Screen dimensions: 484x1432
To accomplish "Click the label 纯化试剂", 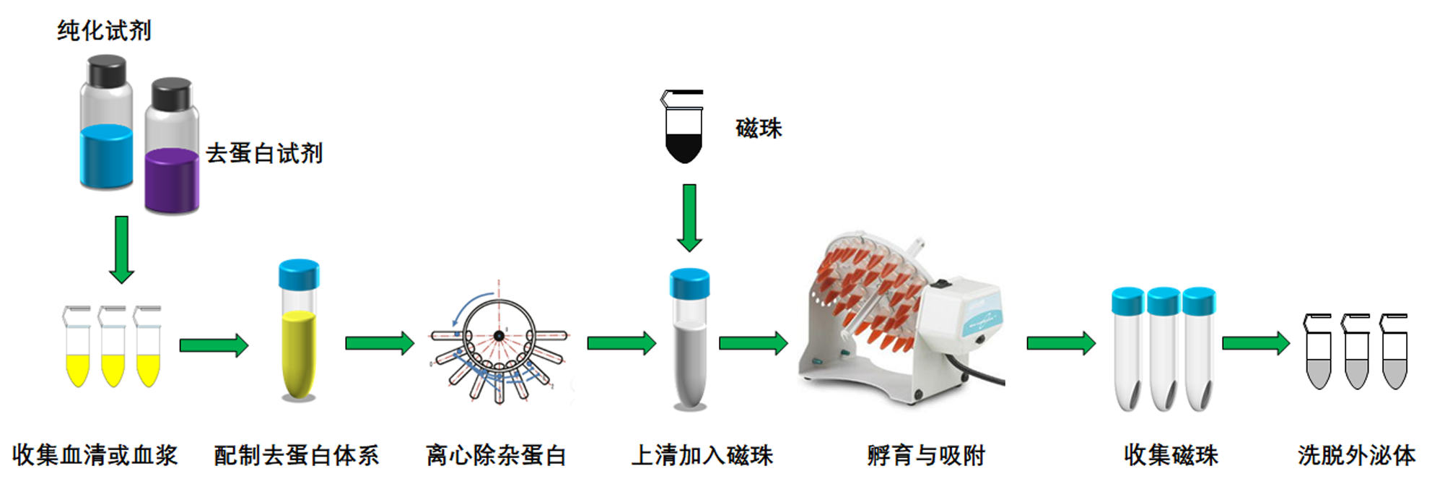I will pyautogui.click(x=104, y=30).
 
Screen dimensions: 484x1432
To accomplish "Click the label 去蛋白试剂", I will pyautogui.click(x=263, y=153).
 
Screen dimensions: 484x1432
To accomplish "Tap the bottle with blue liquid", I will pyautogui.click(x=106, y=126).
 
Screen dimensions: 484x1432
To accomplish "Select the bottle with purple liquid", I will pyautogui.click(x=172, y=152).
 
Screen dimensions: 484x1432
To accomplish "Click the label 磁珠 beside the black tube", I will pyautogui.click(x=759, y=129).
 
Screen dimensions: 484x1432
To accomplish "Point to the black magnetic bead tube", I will pyautogui.click(x=683, y=130).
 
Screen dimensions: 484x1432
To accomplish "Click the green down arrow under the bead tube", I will pyautogui.click(x=689, y=217).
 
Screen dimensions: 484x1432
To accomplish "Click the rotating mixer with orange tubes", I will pyautogui.click(x=902, y=318).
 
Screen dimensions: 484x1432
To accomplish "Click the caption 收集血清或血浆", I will pyautogui.click(x=95, y=455).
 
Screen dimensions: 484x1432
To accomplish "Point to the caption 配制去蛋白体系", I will pyautogui.click(x=296, y=455).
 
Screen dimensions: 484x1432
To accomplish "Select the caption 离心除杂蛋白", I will pyautogui.click(x=496, y=455).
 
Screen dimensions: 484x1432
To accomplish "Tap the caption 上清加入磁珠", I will pyautogui.click(x=702, y=455).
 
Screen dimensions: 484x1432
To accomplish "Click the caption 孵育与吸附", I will pyautogui.click(x=926, y=455).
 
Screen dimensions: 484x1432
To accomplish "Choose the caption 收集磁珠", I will pyautogui.click(x=1171, y=455).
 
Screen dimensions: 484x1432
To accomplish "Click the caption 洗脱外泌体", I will pyautogui.click(x=1356, y=455).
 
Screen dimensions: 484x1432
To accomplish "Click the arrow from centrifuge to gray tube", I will pyautogui.click(x=621, y=343).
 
